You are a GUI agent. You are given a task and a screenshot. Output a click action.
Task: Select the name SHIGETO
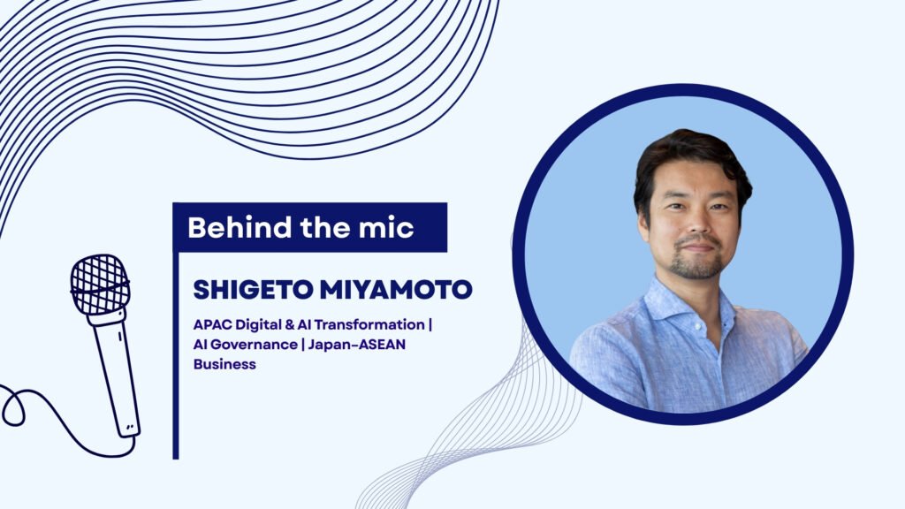pyautogui.click(x=253, y=290)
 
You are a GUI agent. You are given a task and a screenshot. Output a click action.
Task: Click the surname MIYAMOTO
pyautogui.click(x=396, y=290)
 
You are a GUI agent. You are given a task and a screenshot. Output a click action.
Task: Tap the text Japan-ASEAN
pyautogui.click(x=357, y=345)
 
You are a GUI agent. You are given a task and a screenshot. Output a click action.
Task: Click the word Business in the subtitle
pyautogui.click(x=224, y=364)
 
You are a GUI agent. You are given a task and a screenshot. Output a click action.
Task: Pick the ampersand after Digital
pyautogui.click(x=290, y=324)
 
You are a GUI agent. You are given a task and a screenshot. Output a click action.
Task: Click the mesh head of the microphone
pyautogui.click(x=100, y=285)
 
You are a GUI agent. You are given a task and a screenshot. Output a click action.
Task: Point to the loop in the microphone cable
pyautogui.click(x=12, y=406)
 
